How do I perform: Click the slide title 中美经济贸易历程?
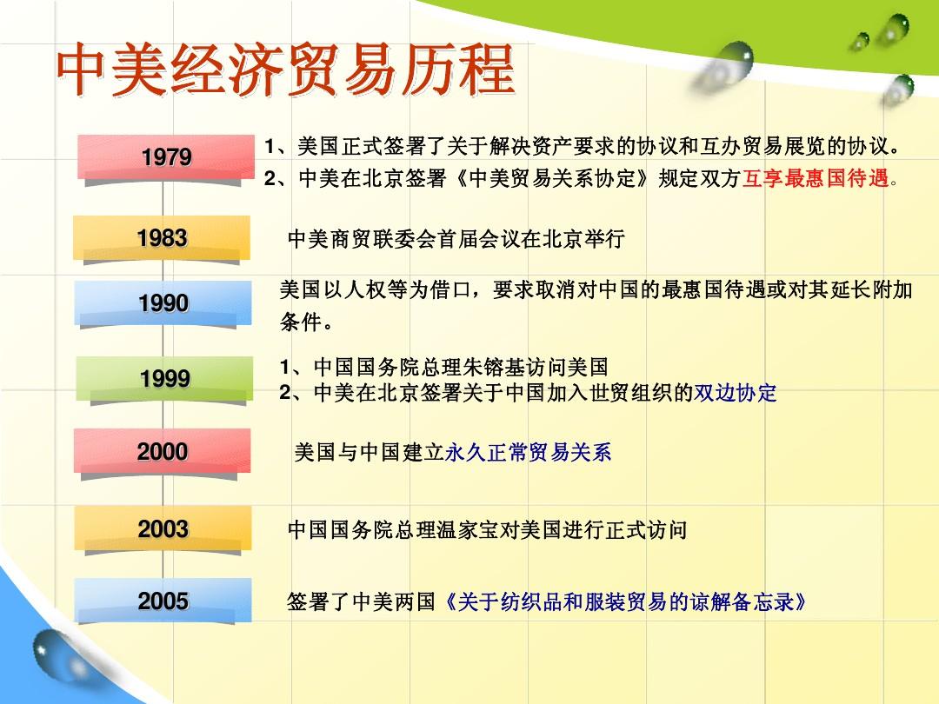pos(286,70)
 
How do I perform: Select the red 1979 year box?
pos(166,157)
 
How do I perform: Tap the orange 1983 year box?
pos(162,237)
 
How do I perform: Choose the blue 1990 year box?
pos(163,303)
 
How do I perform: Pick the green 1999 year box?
pos(164,378)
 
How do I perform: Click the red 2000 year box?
pos(163,451)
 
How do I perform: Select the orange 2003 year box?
pos(163,528)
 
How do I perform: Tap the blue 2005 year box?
pos(163,601)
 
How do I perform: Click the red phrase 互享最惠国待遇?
pos(816,178)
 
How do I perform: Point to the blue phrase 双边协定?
pos(735,393)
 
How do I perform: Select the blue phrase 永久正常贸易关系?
pos(528,452)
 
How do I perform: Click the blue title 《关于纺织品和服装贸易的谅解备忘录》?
pos(624,601)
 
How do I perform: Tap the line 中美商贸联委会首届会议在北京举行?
pos(456,239)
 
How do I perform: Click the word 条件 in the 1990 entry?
pos(300,322)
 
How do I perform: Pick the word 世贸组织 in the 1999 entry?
pos(631,393)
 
